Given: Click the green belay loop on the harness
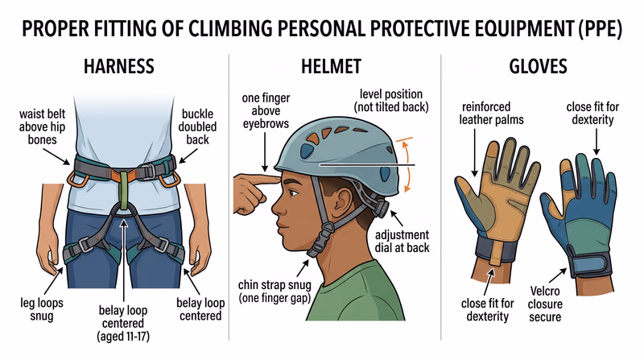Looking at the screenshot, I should coord(122,193).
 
